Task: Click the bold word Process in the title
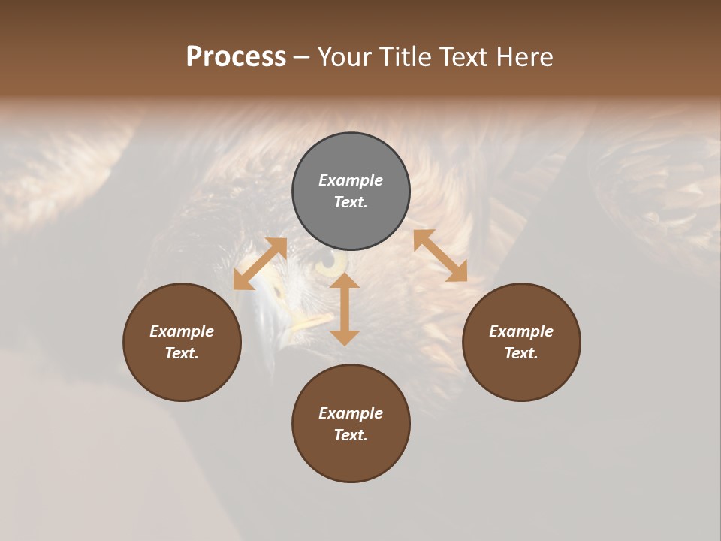coord(236,57)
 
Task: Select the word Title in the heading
coord(406,57)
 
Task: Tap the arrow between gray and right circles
coord(440,255)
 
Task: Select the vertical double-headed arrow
coord(345,309)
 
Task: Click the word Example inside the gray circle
coord(351,180)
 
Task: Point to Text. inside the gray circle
coord(351,202)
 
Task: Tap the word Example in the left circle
coord(182,331)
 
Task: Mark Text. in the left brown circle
coord(182,353)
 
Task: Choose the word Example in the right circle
coord(521,331)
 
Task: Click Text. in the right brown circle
coord(521,353)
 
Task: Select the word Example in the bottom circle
coord(351,413)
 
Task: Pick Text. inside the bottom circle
coord(351,435)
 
